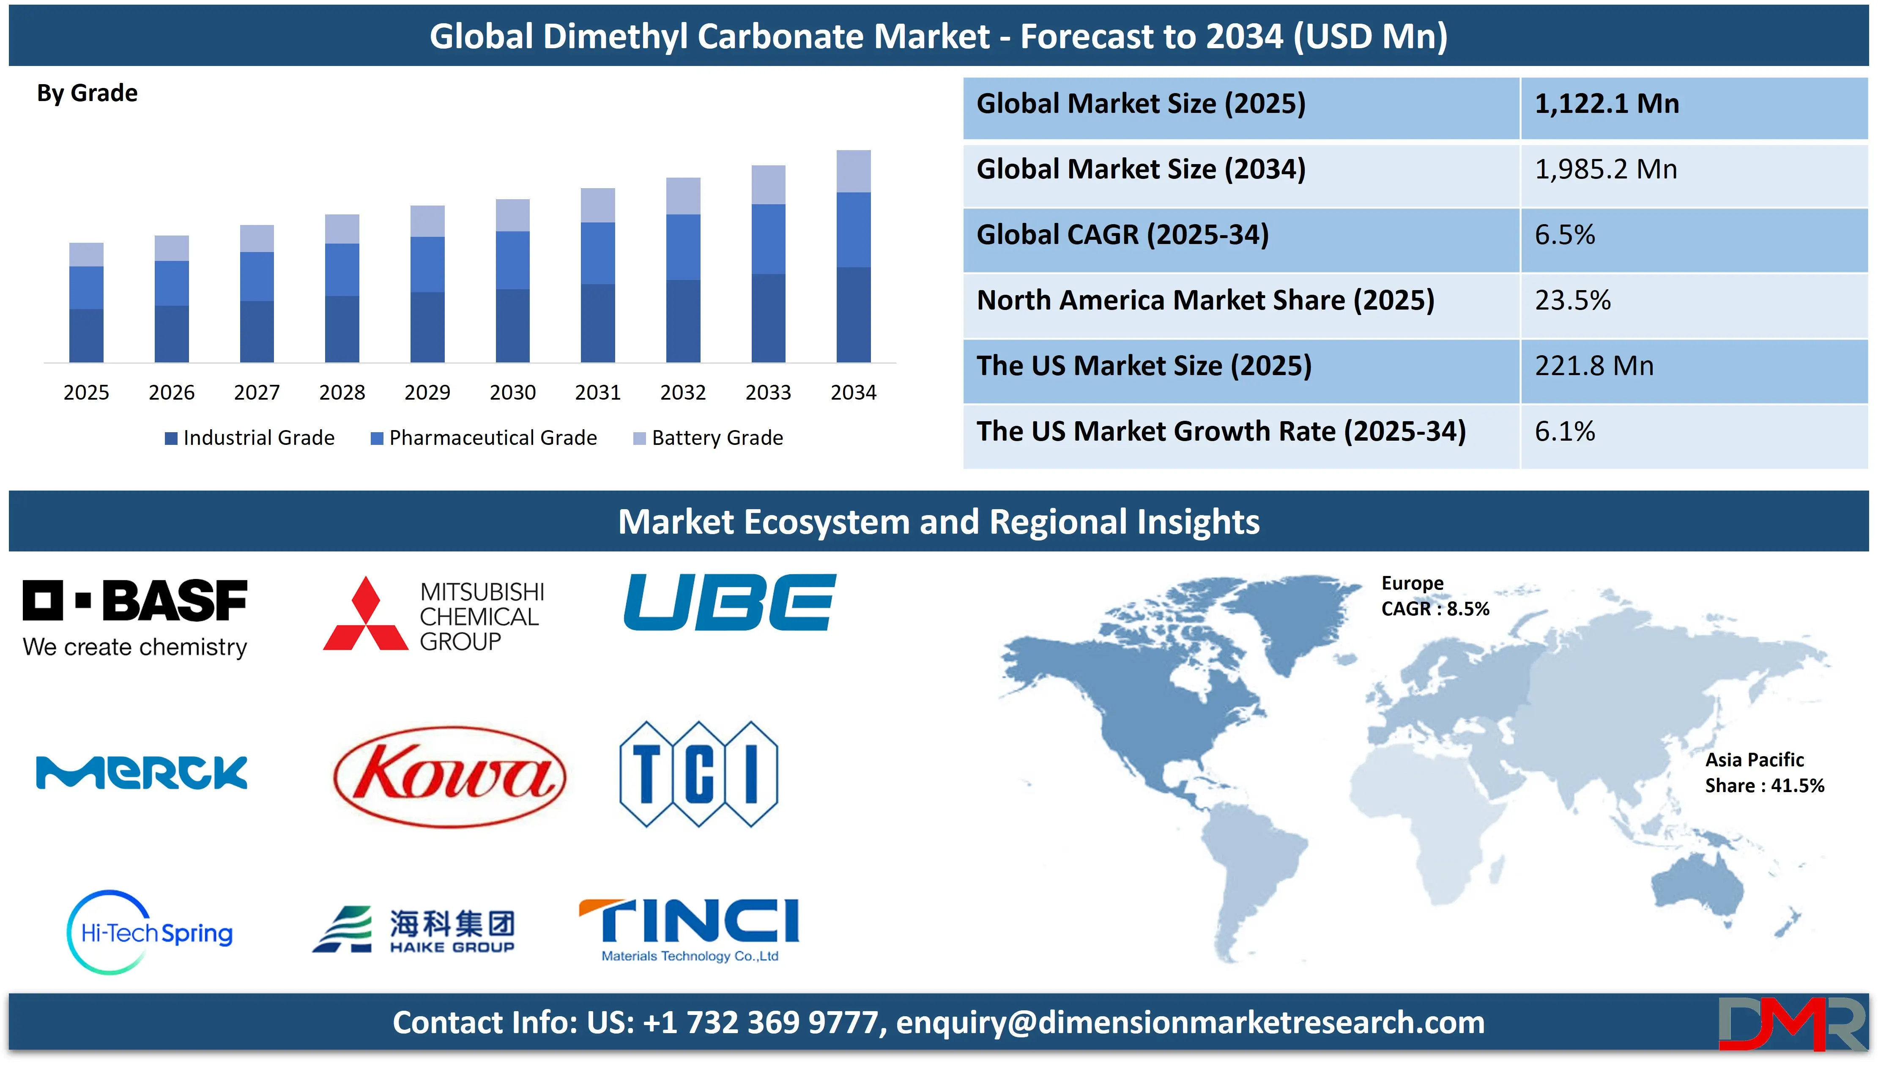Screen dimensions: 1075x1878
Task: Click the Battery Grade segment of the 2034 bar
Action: tap(853, 171)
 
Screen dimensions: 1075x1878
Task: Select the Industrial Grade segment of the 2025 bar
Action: tap(86, 335)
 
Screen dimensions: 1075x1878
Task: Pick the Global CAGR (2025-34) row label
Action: tap(1122, 235)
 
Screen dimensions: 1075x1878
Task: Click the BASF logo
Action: tap(135, 617)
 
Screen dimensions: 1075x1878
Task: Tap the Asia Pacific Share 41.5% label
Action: tap(1763, 772)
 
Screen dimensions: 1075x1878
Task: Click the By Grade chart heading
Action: tap(87, 93)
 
